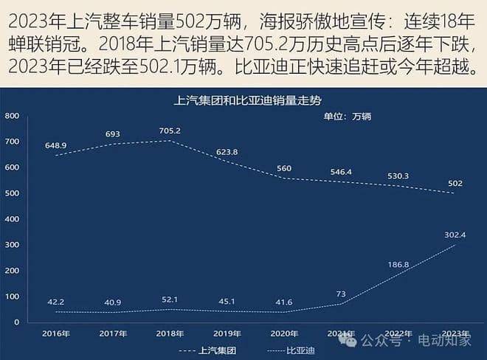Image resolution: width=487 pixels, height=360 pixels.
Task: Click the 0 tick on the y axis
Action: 16,322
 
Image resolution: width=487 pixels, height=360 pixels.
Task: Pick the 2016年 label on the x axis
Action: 56,333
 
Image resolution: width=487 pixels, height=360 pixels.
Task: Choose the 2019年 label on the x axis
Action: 226,333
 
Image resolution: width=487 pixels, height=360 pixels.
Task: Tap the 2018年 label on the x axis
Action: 170,333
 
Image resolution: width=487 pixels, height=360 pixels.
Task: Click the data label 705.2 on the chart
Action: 170,131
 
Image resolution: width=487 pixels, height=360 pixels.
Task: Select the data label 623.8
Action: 227,152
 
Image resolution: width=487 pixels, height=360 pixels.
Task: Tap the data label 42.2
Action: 55,302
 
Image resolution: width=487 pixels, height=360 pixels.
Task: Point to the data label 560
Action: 284,168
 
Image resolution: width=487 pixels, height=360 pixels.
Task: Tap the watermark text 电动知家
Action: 445,341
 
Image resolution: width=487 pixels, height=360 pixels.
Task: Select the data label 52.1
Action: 170,299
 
